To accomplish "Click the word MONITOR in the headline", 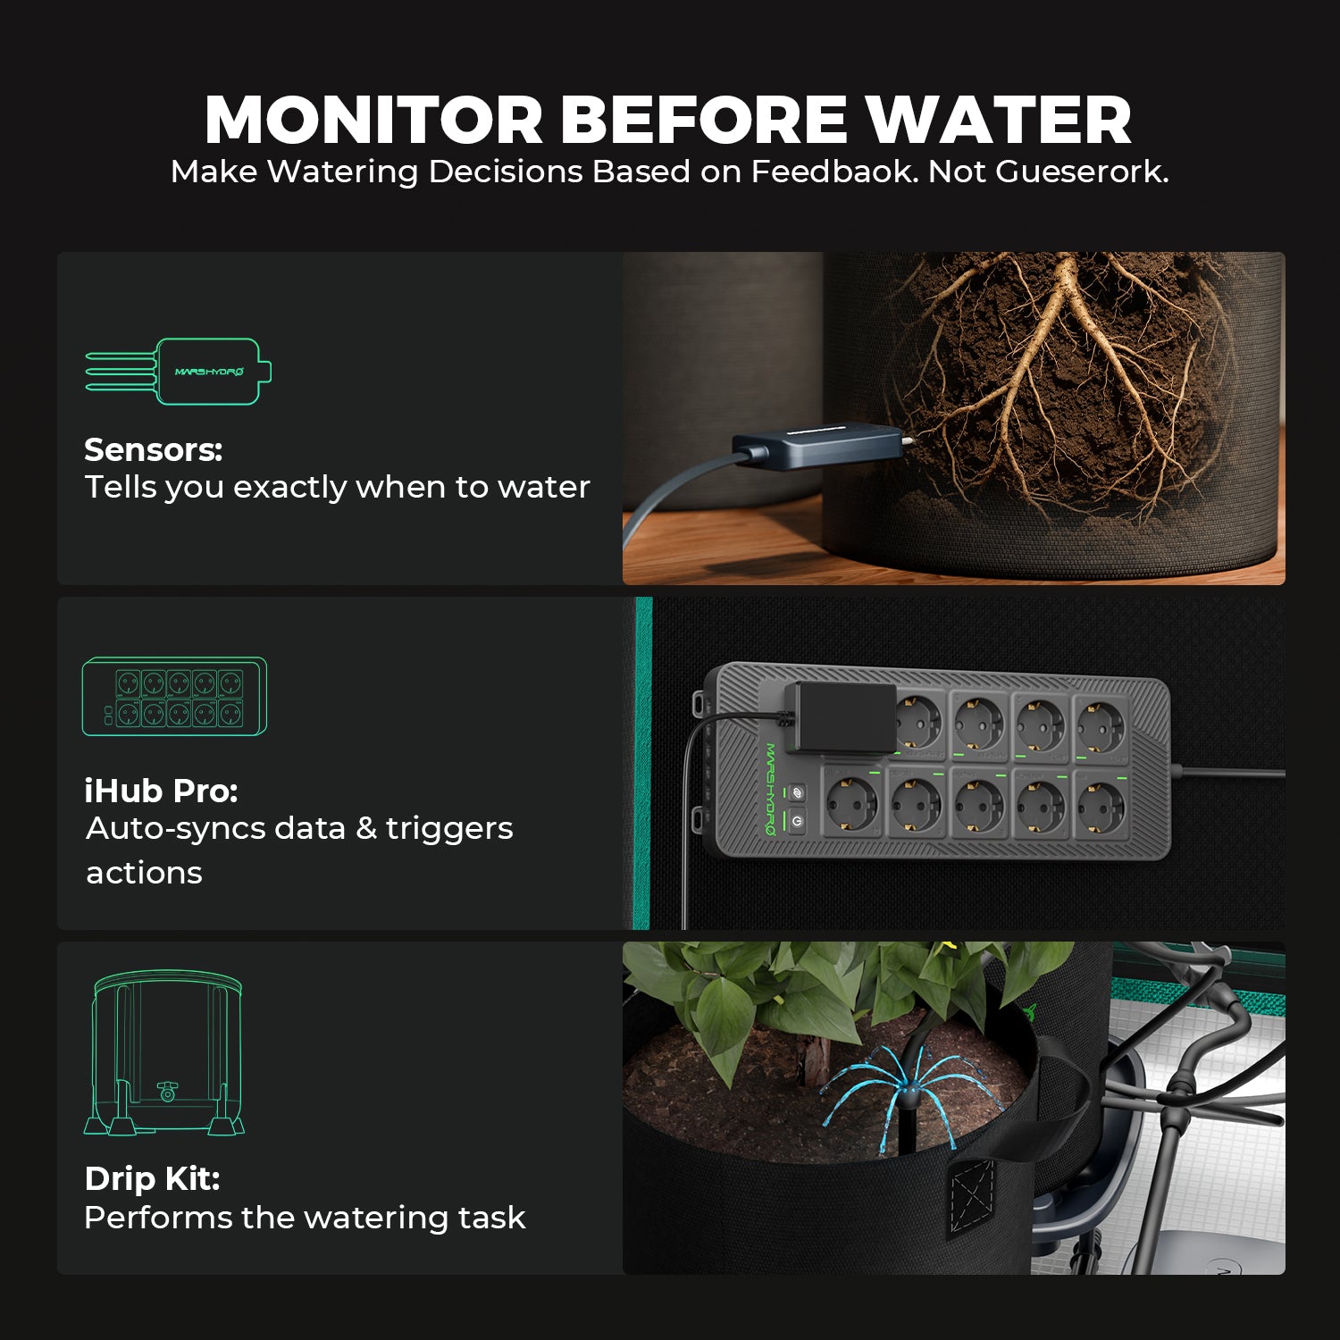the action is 374,120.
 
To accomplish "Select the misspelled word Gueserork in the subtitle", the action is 1082,172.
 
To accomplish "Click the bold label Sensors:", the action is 153,449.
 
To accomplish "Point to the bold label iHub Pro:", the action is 161,791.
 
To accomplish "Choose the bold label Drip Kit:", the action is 152,1178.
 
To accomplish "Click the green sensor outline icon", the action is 179,372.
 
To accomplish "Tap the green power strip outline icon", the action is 174,697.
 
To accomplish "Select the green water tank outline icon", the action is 164,1054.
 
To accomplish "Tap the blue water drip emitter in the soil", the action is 902,1092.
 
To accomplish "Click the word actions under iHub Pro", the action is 144,873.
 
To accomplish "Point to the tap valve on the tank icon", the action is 167,1090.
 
